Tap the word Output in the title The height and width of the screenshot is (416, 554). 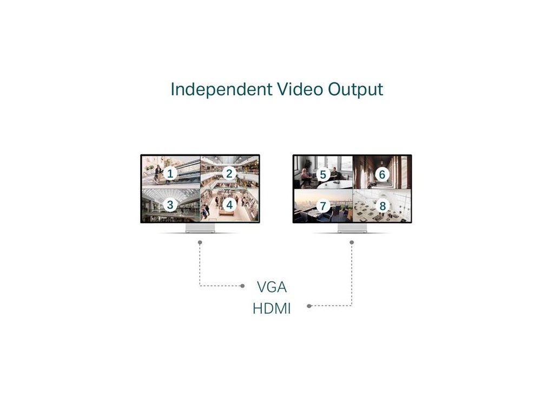point(355,89)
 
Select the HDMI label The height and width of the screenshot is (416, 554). point(272,309)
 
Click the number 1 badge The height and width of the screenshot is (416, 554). point(170,173)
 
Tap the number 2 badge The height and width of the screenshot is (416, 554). point(229,173)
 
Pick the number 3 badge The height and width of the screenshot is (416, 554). point(170,205)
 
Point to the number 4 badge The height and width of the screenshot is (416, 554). point(229,205)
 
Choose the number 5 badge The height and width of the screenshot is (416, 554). point(323,174)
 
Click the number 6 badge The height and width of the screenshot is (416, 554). point(382,174)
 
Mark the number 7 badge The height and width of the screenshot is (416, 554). point(323,206)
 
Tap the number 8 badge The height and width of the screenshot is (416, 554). point(382,206)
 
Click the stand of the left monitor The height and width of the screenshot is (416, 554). point(200,228)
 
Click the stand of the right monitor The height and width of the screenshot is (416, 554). point(352,228)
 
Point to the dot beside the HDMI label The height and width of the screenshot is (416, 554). point(309,306)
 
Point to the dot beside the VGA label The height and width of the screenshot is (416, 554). point(242,285)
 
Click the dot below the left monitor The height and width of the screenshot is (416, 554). point(200,242)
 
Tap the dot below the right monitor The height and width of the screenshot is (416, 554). point(352,242)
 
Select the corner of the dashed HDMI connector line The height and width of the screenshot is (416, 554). point(352,306)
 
